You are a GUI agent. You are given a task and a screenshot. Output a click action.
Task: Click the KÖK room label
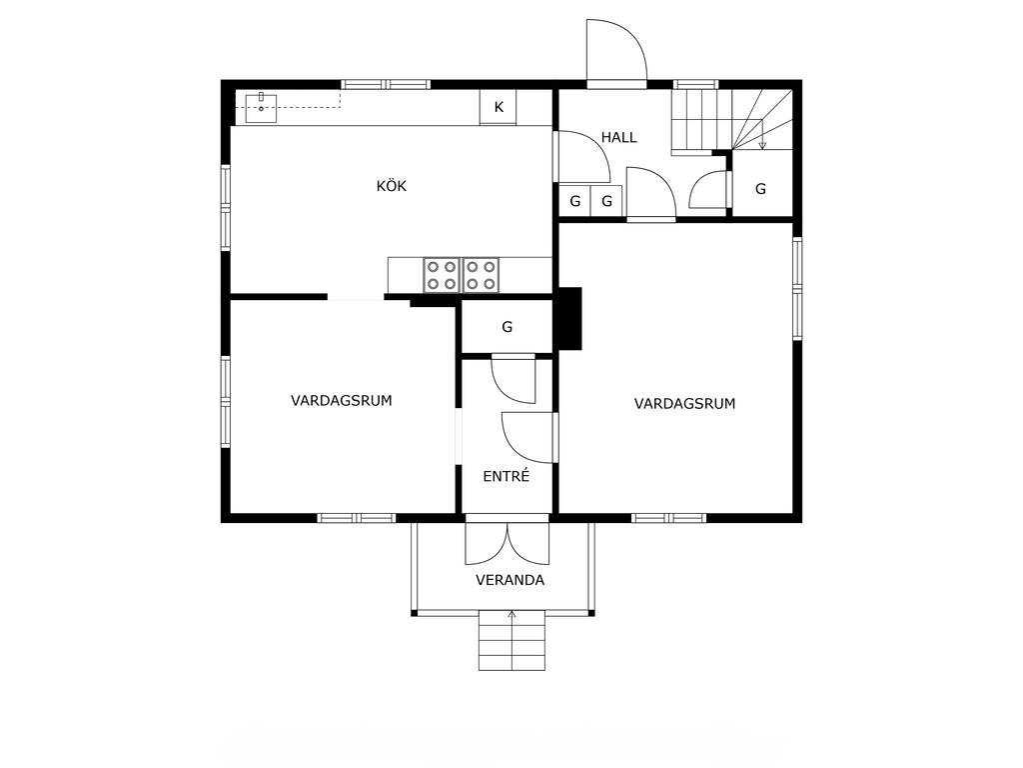tap(392, 186)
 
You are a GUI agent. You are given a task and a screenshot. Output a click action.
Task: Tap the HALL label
tap(618, 138)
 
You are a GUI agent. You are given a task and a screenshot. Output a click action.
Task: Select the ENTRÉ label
tap(507, 476)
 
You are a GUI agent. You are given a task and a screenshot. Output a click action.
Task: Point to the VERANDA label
tap(510, 580)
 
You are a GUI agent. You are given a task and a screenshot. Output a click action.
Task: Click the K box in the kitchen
tap(499, 107)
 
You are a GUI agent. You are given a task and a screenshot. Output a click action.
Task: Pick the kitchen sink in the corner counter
tap(261, 108)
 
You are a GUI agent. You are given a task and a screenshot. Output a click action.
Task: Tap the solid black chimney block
tap(567, 319)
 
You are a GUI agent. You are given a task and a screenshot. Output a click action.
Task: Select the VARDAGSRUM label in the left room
tap(342, 400)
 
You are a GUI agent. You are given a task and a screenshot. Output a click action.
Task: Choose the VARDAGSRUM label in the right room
tap(684, 404)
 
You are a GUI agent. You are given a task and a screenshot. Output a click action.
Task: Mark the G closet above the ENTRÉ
tap(507, 327)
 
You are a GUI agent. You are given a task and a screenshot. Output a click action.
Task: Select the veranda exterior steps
tap(512, 641)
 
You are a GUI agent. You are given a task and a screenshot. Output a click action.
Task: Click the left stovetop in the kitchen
tap(441, 275)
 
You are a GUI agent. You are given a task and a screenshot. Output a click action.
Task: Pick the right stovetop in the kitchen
tap(481, 275)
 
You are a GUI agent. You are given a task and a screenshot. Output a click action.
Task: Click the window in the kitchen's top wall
tap(387, 84)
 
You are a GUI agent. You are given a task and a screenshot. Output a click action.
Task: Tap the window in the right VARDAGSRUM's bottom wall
tap(668, 518)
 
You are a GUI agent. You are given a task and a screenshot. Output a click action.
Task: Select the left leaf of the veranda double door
tap(487, 543)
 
